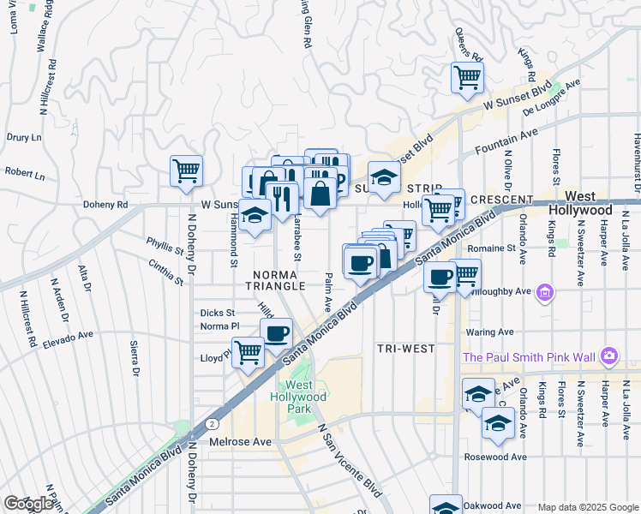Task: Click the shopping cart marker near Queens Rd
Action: (x=467, y=77)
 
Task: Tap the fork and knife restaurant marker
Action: (x=282, y=198)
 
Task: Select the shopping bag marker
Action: (x=320, y=193)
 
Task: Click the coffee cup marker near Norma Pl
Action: (x=276, y=332)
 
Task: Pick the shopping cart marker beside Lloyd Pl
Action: (x=249, y=351)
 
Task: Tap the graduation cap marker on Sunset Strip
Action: (x=385, y=177)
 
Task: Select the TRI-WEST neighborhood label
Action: (x=406, y=349)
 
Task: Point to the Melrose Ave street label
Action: (x=240, y=441)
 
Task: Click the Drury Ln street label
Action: (x=24, y=137)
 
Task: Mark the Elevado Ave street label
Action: (x=68, y=336)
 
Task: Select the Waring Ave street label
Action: (x=489, y=332)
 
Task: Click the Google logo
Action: (x=28, y=504)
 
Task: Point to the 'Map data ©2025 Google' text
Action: (x=587, y=507)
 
